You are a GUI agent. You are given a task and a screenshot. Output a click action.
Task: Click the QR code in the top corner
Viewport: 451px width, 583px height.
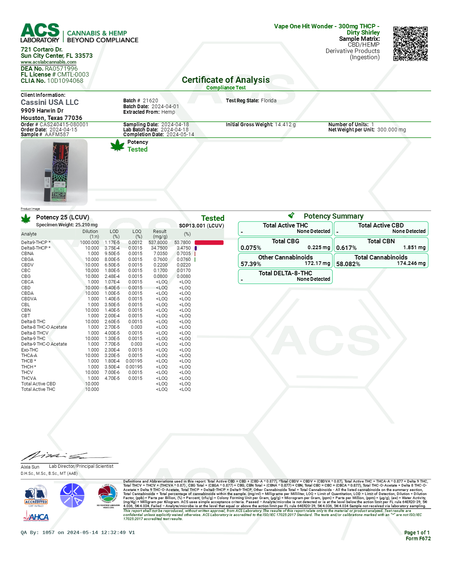pyautogui.click(x=410, y=43)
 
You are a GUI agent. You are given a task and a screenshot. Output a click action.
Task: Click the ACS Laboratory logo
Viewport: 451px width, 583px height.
pyautogui.click(x=40, y=33)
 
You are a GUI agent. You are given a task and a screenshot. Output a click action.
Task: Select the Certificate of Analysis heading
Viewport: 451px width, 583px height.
pyautogui.click(x=225, y=80)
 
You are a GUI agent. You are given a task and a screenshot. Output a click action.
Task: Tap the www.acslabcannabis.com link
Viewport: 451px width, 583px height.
pyautogui.click(x=48, y=62)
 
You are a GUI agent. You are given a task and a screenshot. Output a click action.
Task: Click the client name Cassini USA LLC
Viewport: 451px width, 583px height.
pyautogui.click(x=50, y=102)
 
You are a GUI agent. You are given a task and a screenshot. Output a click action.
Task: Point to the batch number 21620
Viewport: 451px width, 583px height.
pyautogui.click(x=150, y=100)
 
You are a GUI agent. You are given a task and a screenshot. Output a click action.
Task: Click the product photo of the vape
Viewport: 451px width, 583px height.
pyautogui.click(x=54, y=172)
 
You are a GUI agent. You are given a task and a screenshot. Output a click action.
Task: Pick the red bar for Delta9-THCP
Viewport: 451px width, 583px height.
pyautogui.click(x=209, y=243)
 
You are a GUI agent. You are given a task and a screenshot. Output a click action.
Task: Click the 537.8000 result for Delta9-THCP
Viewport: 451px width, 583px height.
pyautogui.click(x=158, y=243)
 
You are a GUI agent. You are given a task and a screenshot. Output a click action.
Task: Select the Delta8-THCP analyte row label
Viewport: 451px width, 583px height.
pyautogui.click(x=35, y=248)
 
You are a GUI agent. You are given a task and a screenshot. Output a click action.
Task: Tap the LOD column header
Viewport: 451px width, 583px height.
pyautogui.click(x=114, y=232)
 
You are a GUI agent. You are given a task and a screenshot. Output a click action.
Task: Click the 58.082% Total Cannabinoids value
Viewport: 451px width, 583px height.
pyautogui.click(x=348, y=264)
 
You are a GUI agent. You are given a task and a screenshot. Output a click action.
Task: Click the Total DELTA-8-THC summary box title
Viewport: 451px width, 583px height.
pyautogui.click(x=285, y=273)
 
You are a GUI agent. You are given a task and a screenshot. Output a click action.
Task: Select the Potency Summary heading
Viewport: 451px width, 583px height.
pyautogui.click(x=333, y=216)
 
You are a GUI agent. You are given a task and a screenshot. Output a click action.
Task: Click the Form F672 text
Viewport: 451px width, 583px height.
pyautogui.click(x=418, y=538)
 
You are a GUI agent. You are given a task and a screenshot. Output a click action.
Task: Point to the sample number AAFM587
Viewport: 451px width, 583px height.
pyautogui.click(x=57, y=134)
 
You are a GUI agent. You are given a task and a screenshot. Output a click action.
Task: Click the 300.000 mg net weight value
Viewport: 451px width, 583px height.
pyautogui.click(x=391, y=130)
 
